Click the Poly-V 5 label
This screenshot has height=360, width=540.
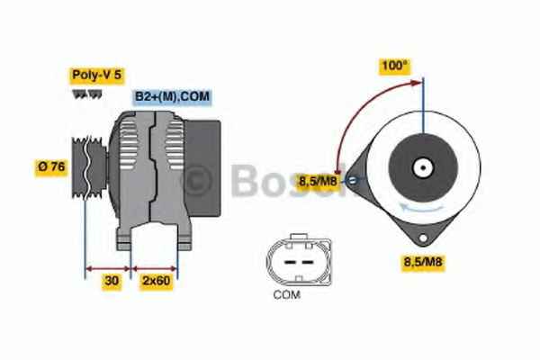97,75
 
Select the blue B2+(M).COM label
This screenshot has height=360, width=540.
172,96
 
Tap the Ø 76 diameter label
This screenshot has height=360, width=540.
51,167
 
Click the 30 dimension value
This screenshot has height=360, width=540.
112,281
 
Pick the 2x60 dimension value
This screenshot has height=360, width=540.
156,281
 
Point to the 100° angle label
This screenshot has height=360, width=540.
395,66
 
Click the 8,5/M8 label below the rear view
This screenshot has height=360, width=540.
423,262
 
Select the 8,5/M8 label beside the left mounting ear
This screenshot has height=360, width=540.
318,181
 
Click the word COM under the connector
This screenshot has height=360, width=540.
287,295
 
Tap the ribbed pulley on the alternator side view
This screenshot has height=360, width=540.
89,167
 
